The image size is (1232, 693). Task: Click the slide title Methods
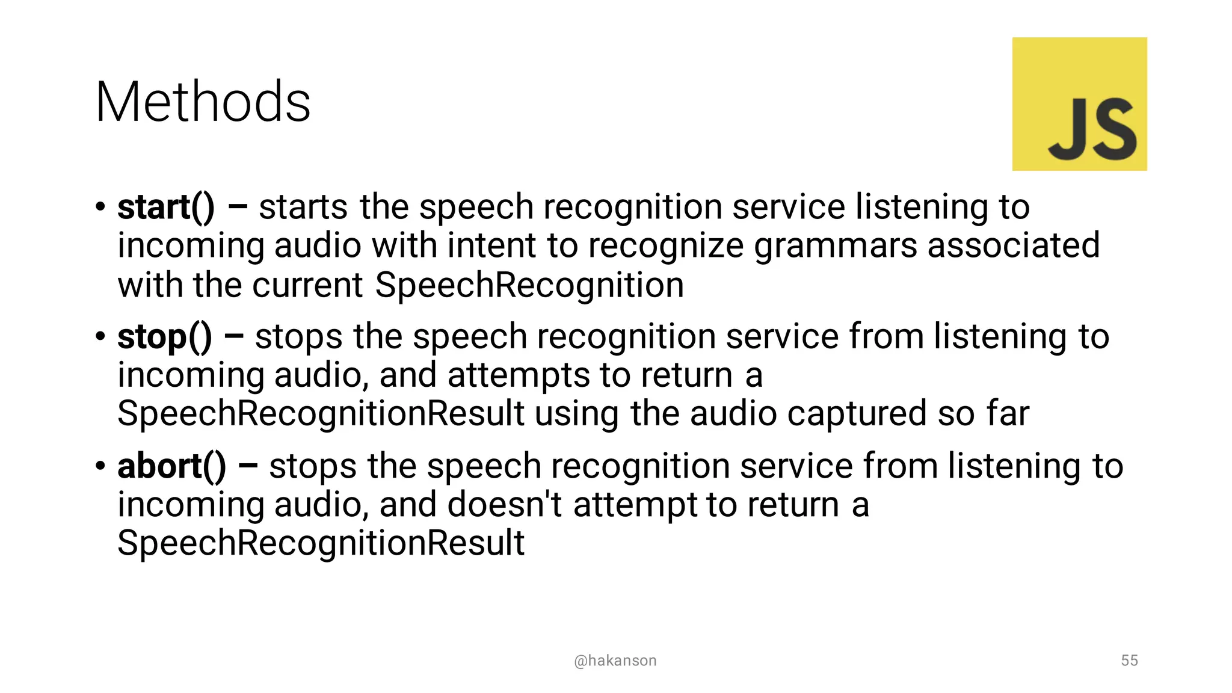tap(203, 102)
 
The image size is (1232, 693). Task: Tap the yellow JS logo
tap(1079, 104)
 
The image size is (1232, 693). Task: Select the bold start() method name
tap(165, 208)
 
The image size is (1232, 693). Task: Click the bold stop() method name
tap(164, 337)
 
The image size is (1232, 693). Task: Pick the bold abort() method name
tap(171, 467)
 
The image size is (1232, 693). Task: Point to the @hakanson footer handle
tap(615, 661)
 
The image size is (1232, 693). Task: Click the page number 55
tap(1129, 661)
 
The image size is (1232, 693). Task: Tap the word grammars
tap(836, 246)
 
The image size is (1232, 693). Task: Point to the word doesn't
tap(504, 505)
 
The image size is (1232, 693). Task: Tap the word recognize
tap(666, 246)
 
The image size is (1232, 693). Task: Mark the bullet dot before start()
tap(100, 208)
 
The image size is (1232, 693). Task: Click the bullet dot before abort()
tap(100, 467)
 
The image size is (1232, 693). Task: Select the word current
tap(307, 285)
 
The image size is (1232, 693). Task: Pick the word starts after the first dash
tap(303, 208)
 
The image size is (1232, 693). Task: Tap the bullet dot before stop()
tap(100, 337)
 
